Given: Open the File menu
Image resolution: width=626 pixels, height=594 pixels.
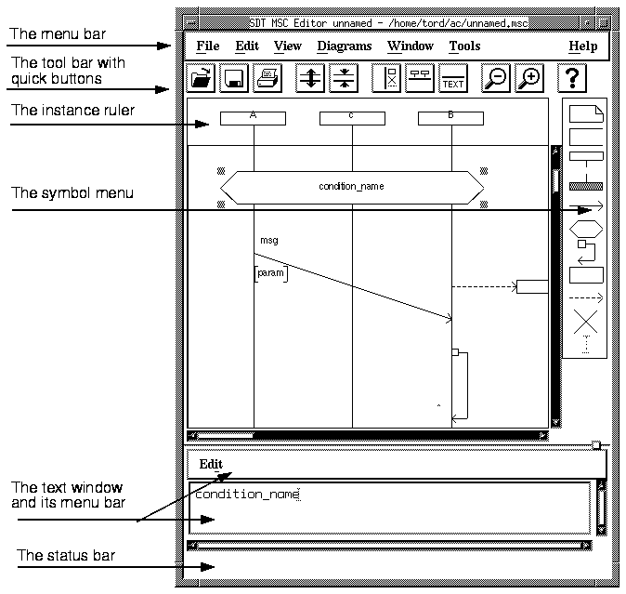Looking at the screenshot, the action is coord(208,46).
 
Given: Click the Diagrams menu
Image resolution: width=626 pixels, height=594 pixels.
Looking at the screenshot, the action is coord(345,46).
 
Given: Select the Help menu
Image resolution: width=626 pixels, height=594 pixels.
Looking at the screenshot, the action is coord(583,46).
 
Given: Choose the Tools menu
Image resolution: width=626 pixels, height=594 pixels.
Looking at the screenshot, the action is coord(464,46).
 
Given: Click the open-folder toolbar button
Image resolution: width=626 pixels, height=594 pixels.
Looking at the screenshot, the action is coord(201,78).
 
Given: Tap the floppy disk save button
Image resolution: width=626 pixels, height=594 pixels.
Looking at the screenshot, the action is coord(234,78).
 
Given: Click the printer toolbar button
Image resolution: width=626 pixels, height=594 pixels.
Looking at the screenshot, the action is coord(267,78).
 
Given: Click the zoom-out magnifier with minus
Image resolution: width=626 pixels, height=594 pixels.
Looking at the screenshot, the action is coord(495,78).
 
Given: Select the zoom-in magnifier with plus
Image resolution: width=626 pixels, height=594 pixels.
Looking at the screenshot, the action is coord(529,78).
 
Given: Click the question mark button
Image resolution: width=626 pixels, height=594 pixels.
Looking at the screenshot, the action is coord(572,78).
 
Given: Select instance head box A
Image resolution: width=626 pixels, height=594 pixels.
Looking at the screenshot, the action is coord(254,118).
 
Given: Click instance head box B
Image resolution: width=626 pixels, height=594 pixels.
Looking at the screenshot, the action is coord(450,118).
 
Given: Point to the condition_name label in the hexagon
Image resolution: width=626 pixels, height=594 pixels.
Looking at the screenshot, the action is coord(351,187).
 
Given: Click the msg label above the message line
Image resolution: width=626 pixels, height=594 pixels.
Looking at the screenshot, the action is coord(269,241).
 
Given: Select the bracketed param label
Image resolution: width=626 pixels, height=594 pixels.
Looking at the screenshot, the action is coord(271,273).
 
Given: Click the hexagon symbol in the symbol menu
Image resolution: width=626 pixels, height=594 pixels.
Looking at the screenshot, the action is coord(586,230).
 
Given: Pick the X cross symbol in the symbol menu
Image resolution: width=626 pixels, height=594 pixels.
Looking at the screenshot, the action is coord(586,322).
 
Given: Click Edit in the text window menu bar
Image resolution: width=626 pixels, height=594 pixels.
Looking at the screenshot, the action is coord(211,464).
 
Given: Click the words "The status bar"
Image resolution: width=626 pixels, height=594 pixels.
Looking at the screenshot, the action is coord(66,555).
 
